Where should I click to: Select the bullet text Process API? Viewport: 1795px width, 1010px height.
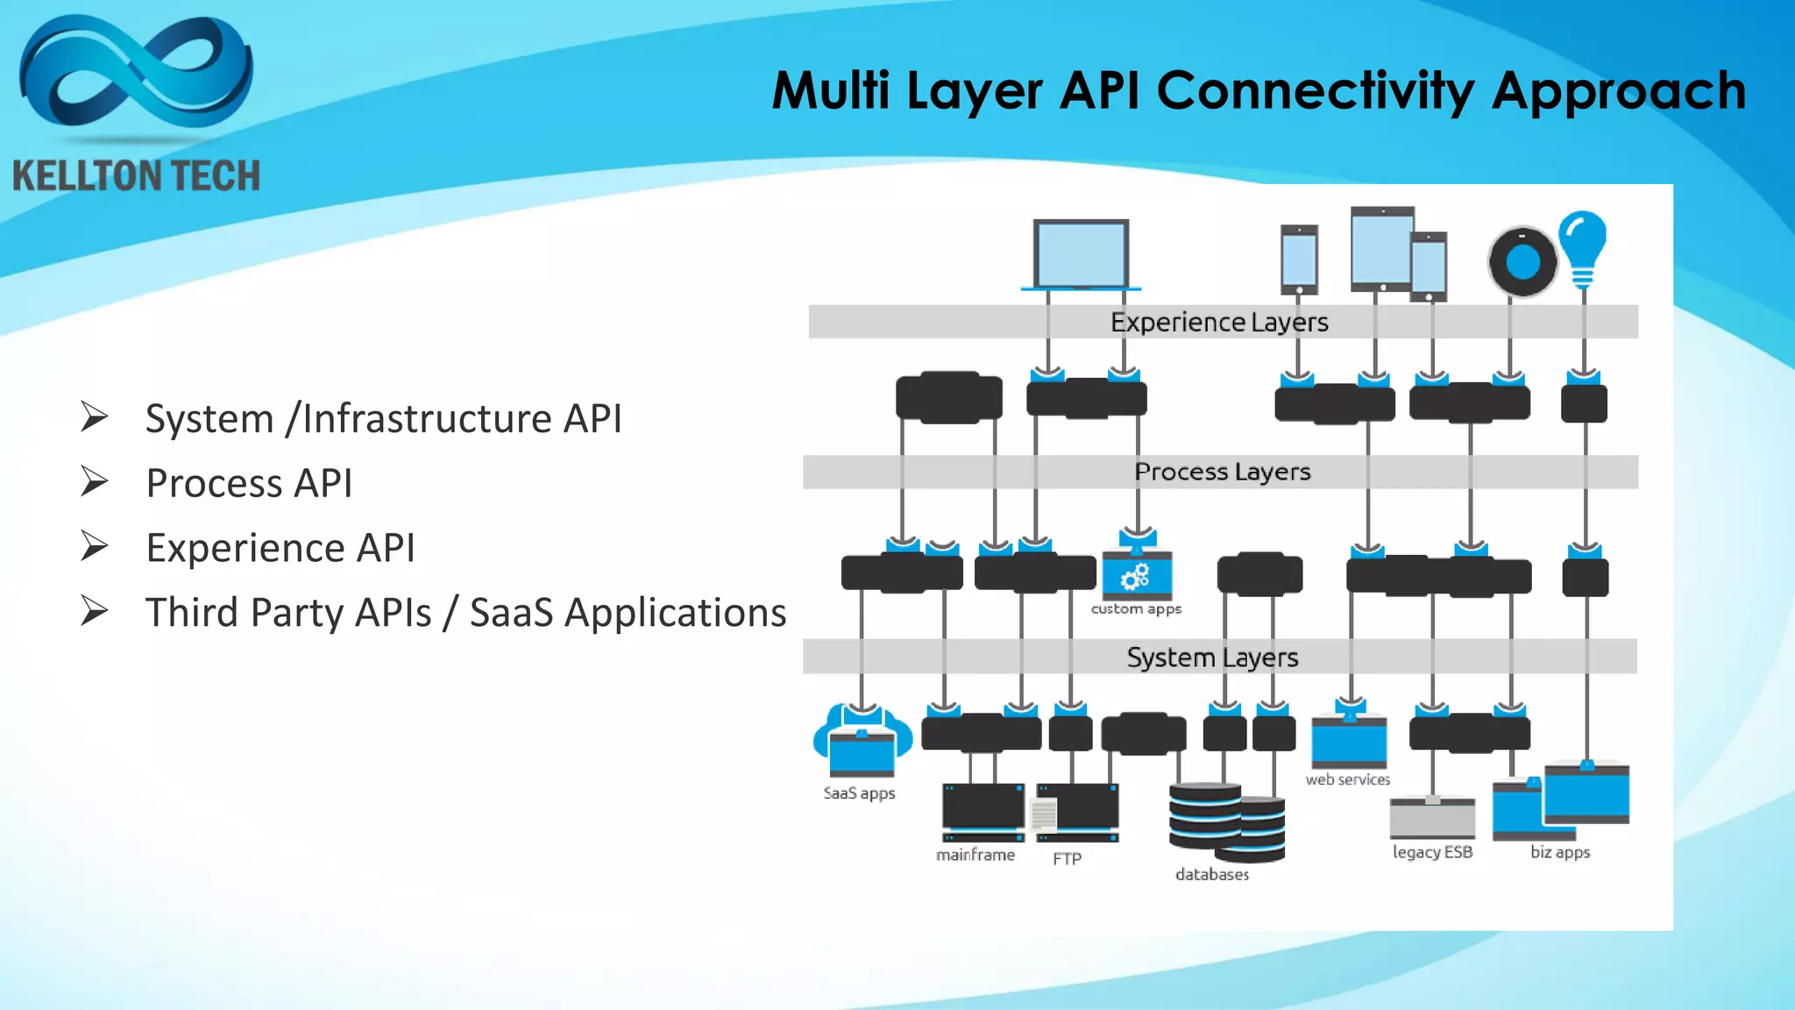(249, 483)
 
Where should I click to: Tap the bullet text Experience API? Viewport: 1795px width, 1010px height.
(280, 548)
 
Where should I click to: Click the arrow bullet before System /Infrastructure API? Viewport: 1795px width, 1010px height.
(94, 416)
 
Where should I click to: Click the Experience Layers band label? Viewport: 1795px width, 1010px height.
(1219, 323)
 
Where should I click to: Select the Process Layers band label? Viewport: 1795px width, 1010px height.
(1222, 472)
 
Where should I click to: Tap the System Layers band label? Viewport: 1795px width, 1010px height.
(1212, 658)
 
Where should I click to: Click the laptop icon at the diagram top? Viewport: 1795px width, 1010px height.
(1081, 254)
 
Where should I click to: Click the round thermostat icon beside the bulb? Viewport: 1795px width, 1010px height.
(1522, 261)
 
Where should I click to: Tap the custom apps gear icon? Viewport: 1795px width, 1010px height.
(1136, 576)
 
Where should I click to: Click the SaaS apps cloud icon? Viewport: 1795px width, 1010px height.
(862, 742)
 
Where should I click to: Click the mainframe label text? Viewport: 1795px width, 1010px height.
(975, 855)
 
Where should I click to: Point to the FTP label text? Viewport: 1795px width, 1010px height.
(1067, 859)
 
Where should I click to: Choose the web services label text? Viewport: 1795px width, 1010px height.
(1347, 779)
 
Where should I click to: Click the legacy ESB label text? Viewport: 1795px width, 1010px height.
(1432, 852)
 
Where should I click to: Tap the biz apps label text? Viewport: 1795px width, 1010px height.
(1559, 852)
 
